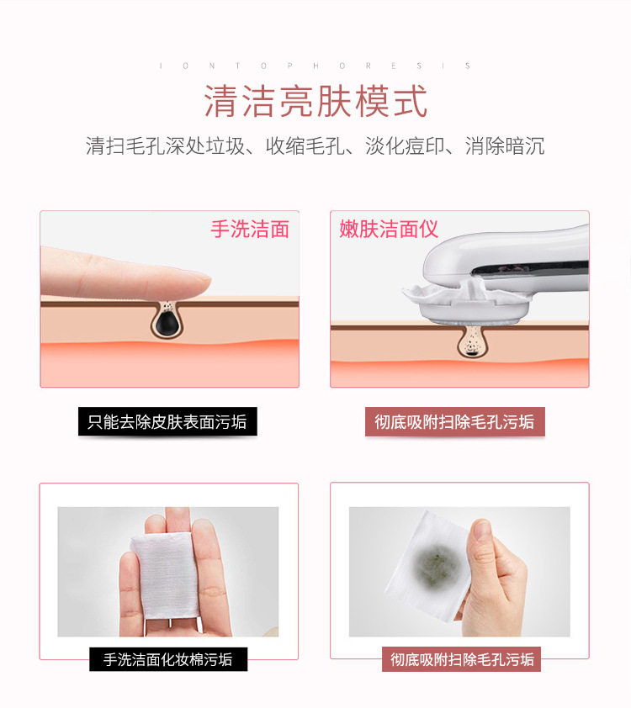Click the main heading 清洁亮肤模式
pyautogui.click(x=315, y=101)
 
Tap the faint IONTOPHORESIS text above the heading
pyautogui.click(x=315, y=66)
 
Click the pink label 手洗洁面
pyautogui.click(x=250, y=229)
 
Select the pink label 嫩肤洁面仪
pyautogui.click(x=389, y=229)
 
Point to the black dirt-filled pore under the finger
pyautogui.click(x=167, y=320)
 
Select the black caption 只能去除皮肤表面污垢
pyautogui.click(x=167, y=422)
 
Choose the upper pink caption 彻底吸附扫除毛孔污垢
pyautogui.click(x=455, y=422)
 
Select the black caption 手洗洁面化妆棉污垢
pyautogui.click(x=168, y=659)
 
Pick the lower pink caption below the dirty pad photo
pyautogui.click(x=461, y=659)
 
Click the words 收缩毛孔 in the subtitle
pyautogui.click(x=305, y=146)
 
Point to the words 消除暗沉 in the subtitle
pyautogui.click(x=505, y=146)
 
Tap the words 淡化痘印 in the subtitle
pyautogui.click(x=405, y=146)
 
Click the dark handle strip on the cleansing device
pyautogui.click(x=529, y=269)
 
